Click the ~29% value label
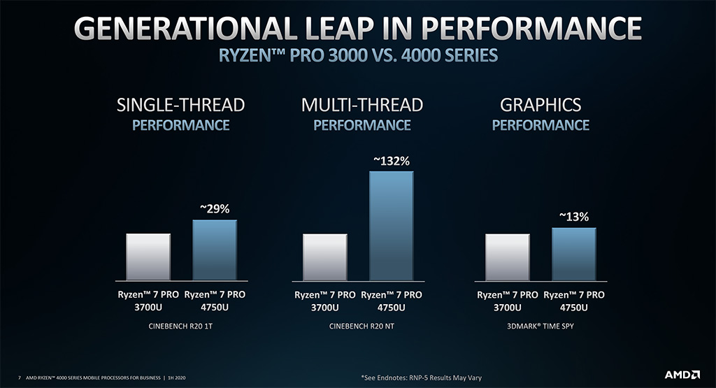[215, 209]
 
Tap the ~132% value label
[391, 161]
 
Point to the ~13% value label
[573, 217]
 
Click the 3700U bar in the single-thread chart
[148, 256]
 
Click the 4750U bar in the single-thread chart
[215, 250]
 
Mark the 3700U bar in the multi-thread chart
[324, 256]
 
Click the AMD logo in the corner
[681, 375]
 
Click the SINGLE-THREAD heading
[181, 106]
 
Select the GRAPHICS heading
[540, 106]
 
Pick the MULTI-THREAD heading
[361, 106]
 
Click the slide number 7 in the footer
[19, 378]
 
